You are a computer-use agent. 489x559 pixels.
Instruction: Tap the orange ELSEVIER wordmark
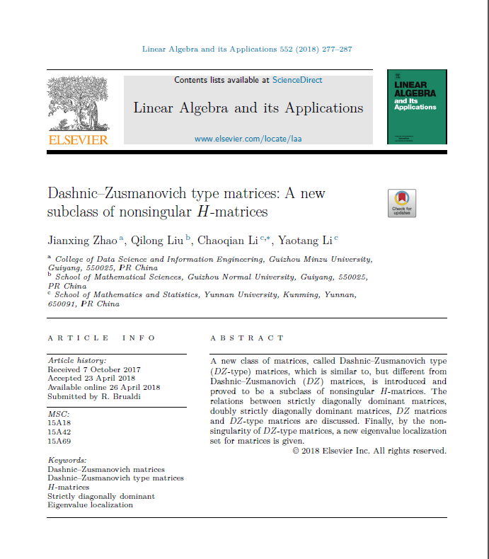[x=78, y=139]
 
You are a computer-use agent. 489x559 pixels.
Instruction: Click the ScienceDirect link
[x=297, y=80]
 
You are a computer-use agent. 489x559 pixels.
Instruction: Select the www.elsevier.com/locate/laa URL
[x=248, y=139]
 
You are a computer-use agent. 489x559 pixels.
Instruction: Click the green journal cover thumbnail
[x=417, y=107]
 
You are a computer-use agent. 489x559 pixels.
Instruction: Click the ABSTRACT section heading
[x=247, y=338]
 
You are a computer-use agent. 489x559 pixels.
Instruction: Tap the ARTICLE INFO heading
[x=101, y=338]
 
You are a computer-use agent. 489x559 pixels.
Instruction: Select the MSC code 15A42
[x=59, y=431]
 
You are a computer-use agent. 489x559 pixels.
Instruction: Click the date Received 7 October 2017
[x=93, y=369]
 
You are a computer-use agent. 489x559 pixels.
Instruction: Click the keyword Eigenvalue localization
[x=90, y=505]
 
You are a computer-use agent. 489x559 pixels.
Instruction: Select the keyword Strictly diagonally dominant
[x=100, y=496]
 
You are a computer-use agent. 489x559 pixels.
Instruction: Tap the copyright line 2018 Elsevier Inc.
[x=369, y=451]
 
